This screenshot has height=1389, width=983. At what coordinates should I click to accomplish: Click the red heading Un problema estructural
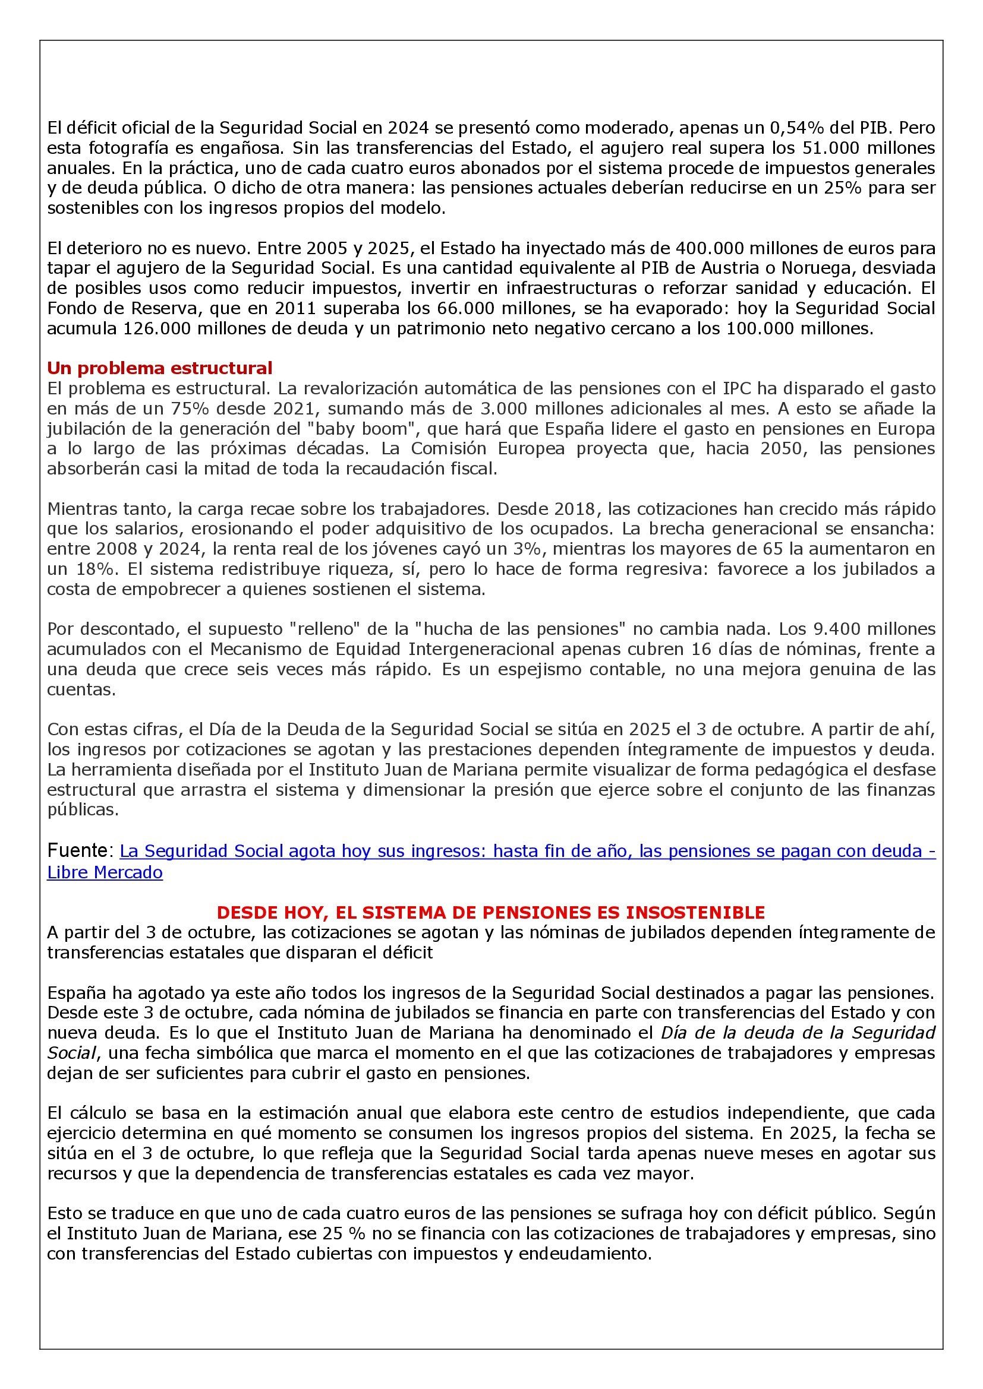point(160,368)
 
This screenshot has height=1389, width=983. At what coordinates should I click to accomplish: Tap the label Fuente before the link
point(77,850)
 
